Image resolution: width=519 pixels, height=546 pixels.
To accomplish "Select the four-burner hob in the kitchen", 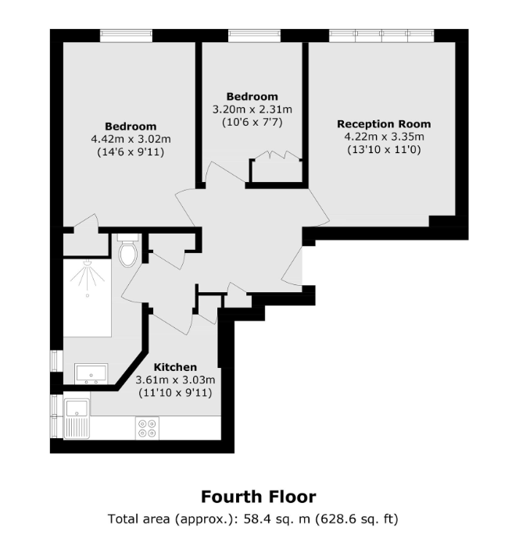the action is [x=147, y=428].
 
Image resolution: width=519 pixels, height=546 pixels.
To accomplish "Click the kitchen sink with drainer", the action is [x=77, y=419].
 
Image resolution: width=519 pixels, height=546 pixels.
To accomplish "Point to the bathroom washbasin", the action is [x=91, y=374].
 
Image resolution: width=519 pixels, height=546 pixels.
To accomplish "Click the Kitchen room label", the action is [x=175, y=367].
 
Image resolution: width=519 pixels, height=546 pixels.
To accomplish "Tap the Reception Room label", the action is [x=384, y=124].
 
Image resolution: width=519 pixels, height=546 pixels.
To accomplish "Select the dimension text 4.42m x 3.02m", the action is [x=131, y=139].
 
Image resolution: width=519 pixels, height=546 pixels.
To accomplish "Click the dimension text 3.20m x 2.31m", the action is [x=252, y=109].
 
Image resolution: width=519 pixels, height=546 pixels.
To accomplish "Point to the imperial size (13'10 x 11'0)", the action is [x=384, y=150].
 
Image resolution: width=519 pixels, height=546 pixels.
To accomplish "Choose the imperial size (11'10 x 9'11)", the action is [x=175, y=393].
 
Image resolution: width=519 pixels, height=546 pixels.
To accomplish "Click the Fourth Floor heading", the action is [x=259, y=497].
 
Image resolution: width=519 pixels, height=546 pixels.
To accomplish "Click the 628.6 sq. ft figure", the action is [x=357, y=519].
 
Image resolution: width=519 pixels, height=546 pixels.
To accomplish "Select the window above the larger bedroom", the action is [x=126, y=35].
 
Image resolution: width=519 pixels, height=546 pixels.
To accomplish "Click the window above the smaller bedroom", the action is [x=255, y=35].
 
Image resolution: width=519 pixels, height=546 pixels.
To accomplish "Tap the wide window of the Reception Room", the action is [x=381, y=35].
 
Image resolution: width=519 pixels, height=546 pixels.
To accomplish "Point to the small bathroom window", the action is [x=55, y=360].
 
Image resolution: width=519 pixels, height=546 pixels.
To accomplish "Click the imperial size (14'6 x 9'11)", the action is [x=131, y=152].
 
